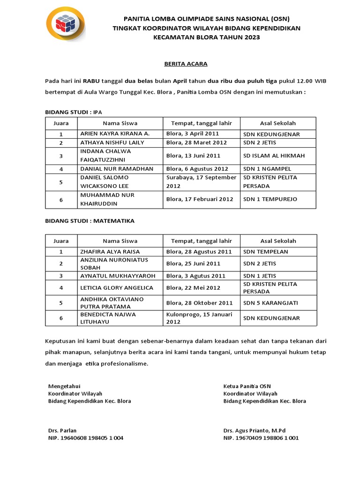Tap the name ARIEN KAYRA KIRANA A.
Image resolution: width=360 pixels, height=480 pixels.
pyautogui.click(x=115, y=134)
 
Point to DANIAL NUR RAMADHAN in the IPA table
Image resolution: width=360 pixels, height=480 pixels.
pyautogui.click(x=117, y=169)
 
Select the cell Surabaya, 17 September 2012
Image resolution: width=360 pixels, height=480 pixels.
pyautogui.click(x=201, y=182)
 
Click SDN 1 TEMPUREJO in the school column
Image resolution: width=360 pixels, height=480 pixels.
pyautogui.click(x=270, y=199)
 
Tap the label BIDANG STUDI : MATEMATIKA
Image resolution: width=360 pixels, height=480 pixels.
pyautogui.click(x=90, y=220)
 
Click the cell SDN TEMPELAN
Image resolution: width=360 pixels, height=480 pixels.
pyautogui.click(x=266, y=252)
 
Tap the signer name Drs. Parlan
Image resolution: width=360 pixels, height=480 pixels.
pyautogui.click(x=62, y=430)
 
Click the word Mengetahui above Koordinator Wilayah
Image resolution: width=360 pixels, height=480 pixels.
pyautogui.click(x=65, y=386)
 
